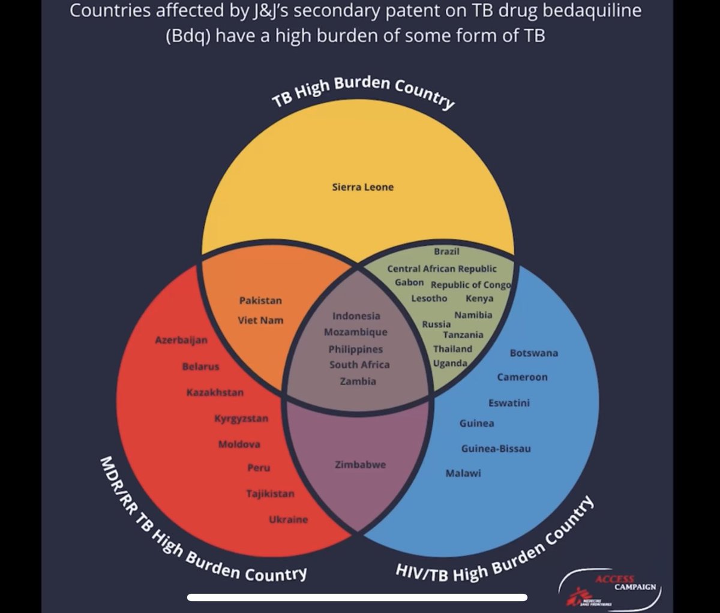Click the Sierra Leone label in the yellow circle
[x=362, y=187]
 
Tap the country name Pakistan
[x=260, y=301]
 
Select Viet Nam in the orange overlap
[x=260, y=320]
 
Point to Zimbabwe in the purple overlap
[x=360, y=464]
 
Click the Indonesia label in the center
[x=356, y=316]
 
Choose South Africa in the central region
[x=359, y=365]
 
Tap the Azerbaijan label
[x=181, y=340]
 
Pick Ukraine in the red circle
[x=288, y=519]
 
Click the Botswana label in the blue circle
[x=533, y=353]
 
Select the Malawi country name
[x=463, y=473]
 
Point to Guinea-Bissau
[x=496, y=449]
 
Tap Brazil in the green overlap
[x=446, y=251]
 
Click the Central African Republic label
[x=442, y=269]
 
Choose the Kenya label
[x=479, y=298]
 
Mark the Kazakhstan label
[x=215, y=392]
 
